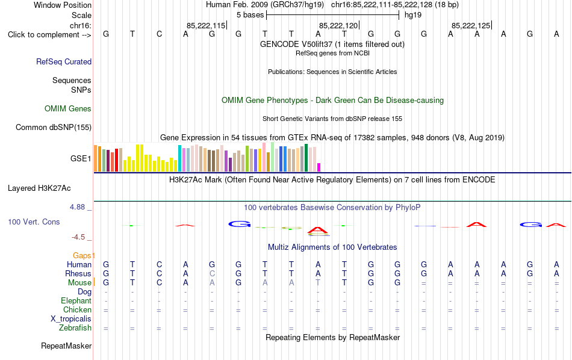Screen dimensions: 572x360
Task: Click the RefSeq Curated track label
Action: point(64,61)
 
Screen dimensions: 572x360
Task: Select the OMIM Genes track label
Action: point(68,109)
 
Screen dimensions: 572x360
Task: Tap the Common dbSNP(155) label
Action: point(54,127)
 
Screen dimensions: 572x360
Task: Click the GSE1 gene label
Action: point(81,158)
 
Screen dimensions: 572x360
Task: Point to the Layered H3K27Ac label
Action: point(39,188)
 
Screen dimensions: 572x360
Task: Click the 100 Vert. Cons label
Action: point(34,222)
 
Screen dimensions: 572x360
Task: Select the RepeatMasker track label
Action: point(66,346)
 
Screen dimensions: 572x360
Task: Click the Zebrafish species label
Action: point(75,327)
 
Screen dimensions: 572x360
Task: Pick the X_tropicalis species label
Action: point(71,319)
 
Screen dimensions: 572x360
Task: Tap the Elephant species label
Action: point(76,300)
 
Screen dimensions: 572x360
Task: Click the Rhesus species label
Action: point(78,273)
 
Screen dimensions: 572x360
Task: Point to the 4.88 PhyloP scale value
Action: point(77,207)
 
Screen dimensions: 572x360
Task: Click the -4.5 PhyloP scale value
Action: point(78,237)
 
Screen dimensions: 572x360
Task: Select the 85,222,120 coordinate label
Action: point(338,25)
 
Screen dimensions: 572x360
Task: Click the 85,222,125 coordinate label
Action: point(471,25)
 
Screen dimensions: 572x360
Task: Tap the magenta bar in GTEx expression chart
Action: point(319,167)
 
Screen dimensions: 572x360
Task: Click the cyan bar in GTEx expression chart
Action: point(179,158)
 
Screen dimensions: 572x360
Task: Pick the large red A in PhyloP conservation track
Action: point(318,230)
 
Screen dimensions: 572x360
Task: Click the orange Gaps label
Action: point(82,256)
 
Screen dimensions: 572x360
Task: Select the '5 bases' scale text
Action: point(250,15)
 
